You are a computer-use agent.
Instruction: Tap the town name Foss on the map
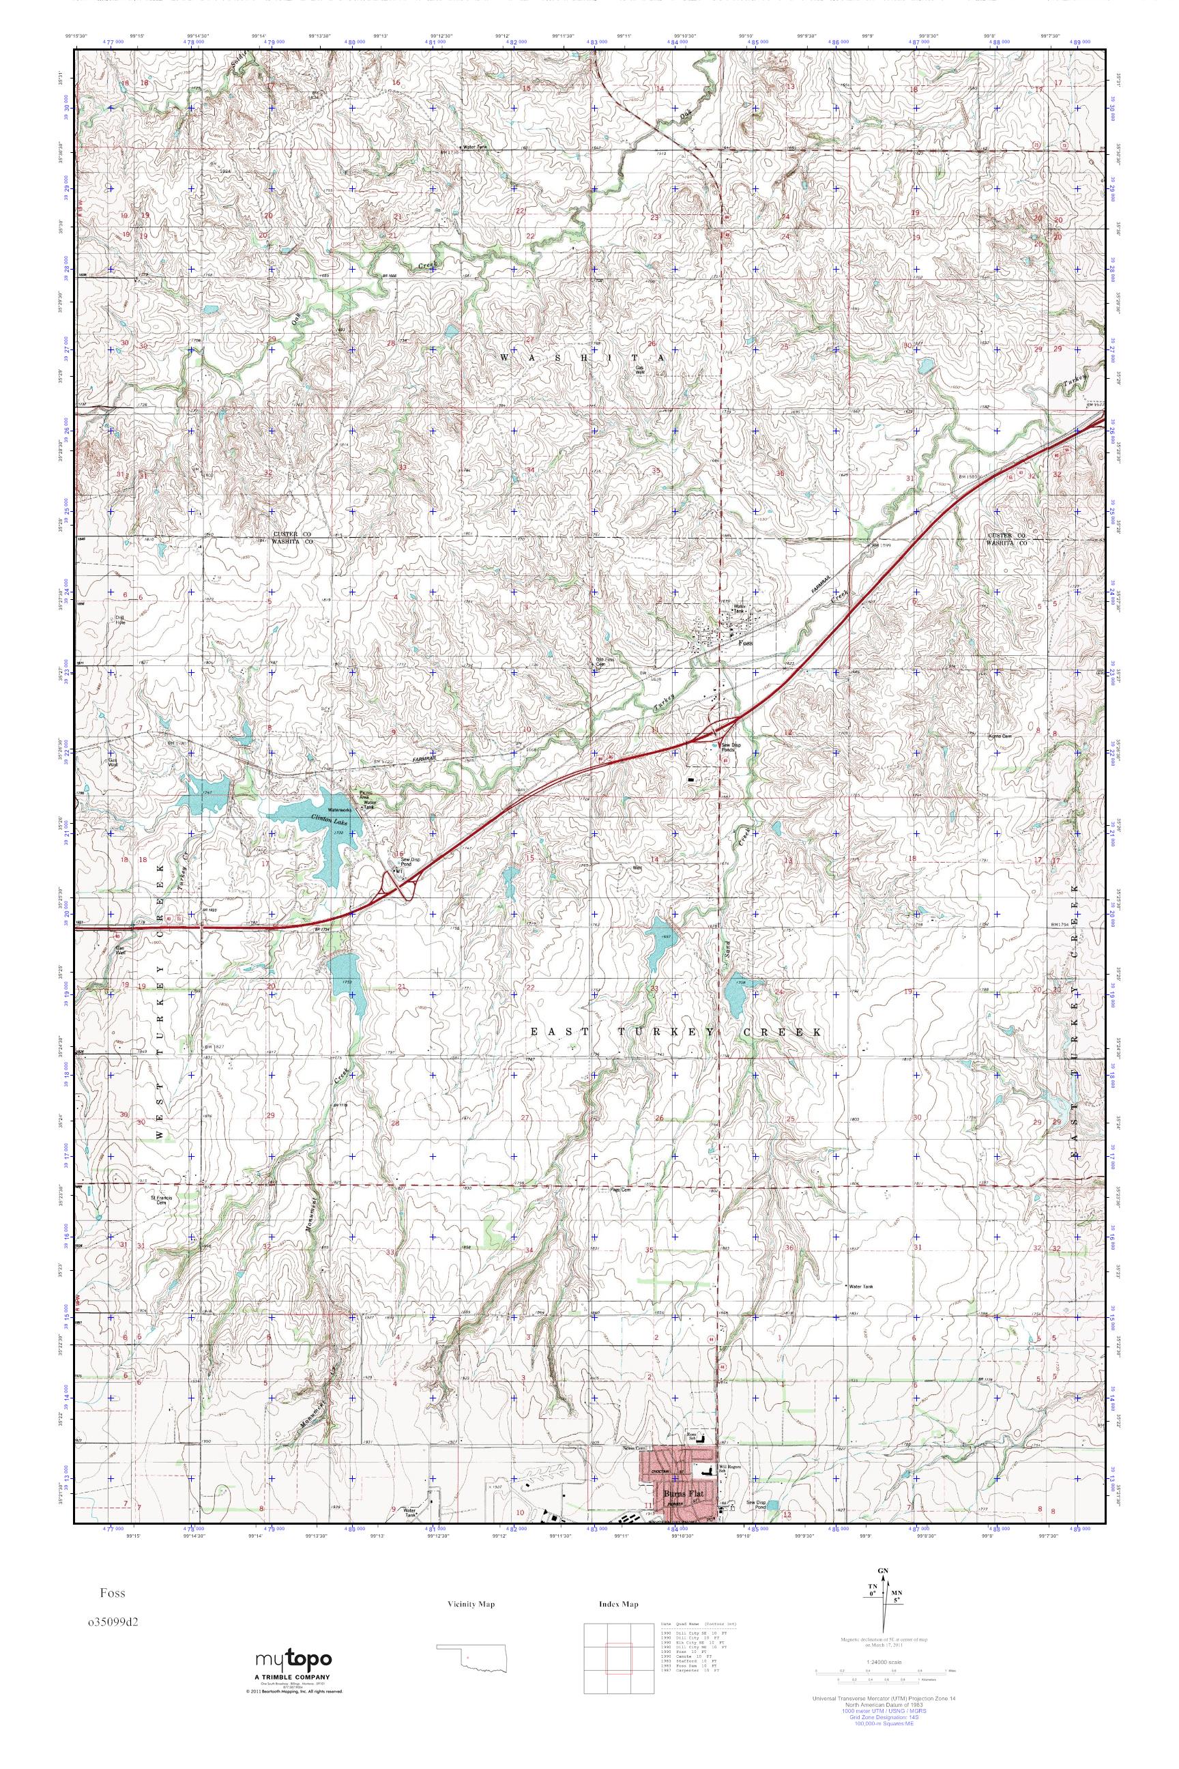(x=745, y=644)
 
